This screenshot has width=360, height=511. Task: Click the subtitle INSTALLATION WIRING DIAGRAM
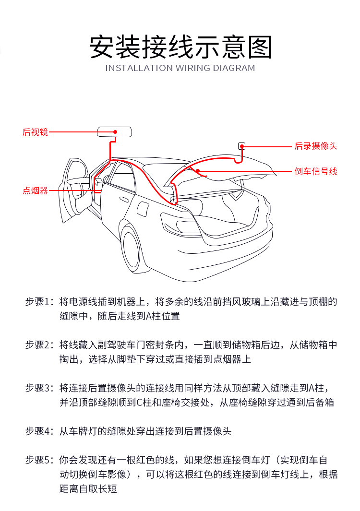[180, 68]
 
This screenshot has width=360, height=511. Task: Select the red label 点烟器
[35, 190]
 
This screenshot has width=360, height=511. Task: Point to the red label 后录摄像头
[315, 146]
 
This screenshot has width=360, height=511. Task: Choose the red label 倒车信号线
[315, 171]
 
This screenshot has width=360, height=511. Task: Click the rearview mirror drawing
[115, 132]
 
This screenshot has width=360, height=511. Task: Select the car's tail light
[178, 225]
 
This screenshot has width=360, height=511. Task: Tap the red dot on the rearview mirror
[115, 132]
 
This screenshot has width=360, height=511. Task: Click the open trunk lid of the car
[226, 168]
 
